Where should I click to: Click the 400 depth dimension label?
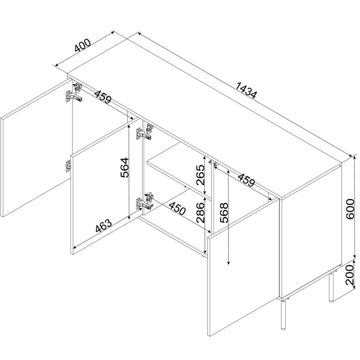pyautogui.click(x=83, y=46)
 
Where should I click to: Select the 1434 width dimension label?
pyautogui.click(x=246, y=90)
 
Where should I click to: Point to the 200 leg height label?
pyautogui.click(x=350, y=275)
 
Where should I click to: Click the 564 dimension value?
pyautogui.click(x=125, y=168)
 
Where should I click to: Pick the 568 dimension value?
pyautogui.click(x=224, y=213)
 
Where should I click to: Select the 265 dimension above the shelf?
pyautogui.click(x=201, y=175)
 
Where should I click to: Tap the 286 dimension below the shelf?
pyautogui.click(x=201, y=213)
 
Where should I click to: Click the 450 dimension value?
pyautogui.click(x=177, y=208)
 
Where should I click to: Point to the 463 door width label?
pyautogui.click(x=104, y=226)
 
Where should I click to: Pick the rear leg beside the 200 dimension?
pyautogui.click(x=331, y=287)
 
